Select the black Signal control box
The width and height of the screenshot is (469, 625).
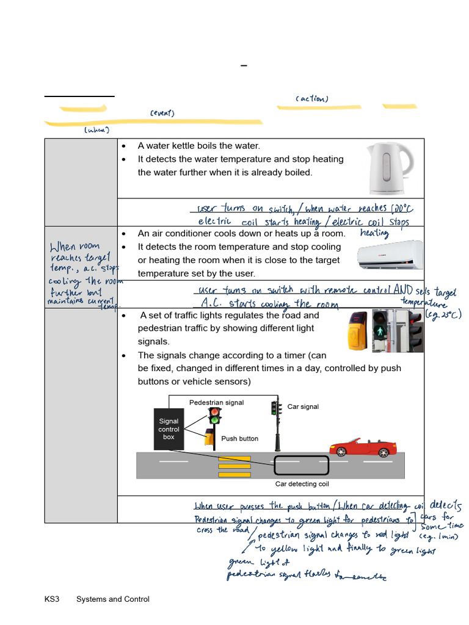(169, 429)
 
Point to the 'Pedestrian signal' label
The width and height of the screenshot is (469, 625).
(216, 403)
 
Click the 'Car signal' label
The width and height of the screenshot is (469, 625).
(303, 406)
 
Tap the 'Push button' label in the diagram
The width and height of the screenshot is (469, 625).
(239, 438)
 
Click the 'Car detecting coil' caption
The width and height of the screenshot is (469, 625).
(301, 484)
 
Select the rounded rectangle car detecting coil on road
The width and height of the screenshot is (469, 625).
(302, 465)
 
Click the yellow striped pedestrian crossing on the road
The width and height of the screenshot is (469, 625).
(234, 466)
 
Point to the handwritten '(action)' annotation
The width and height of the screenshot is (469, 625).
(311, 99)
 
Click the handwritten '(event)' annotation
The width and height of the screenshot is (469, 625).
(162, 114)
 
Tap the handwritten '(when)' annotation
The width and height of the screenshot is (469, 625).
(96, 130)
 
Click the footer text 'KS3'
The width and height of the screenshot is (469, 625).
(51, 599)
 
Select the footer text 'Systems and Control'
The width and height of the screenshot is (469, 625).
(112, 599)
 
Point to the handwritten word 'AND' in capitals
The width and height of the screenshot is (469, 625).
(403, 290)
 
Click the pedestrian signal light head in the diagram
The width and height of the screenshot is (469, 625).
(214, 416)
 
